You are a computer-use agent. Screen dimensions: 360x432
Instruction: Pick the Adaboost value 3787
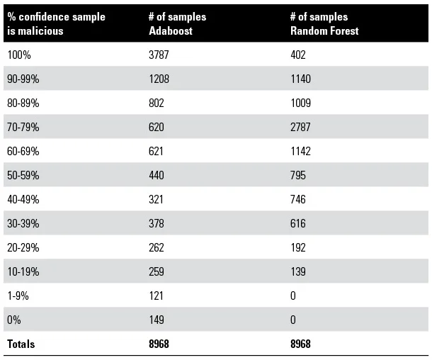click(160, 55)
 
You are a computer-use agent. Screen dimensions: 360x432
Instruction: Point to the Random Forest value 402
click(298, 55)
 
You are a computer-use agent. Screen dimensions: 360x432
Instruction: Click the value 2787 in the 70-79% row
click(301, 127)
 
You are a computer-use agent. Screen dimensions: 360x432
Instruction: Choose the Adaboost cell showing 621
click(157, 151)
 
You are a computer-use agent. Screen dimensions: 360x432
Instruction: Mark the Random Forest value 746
click(298, 199)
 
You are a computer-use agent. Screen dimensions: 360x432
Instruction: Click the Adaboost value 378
click(157, 223)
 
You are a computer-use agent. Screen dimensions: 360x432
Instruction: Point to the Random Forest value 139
click(298, 271)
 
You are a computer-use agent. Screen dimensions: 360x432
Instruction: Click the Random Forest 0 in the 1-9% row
click(293, 296)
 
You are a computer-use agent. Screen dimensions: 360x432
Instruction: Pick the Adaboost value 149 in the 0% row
click(157, 320)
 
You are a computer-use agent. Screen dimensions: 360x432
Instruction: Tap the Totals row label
click(21, 344)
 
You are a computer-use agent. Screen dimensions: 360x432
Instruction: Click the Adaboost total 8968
click(160, 344)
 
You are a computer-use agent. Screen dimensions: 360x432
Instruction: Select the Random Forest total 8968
click(302, 344)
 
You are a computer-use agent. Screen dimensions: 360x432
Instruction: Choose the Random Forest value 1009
click(301, 103)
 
